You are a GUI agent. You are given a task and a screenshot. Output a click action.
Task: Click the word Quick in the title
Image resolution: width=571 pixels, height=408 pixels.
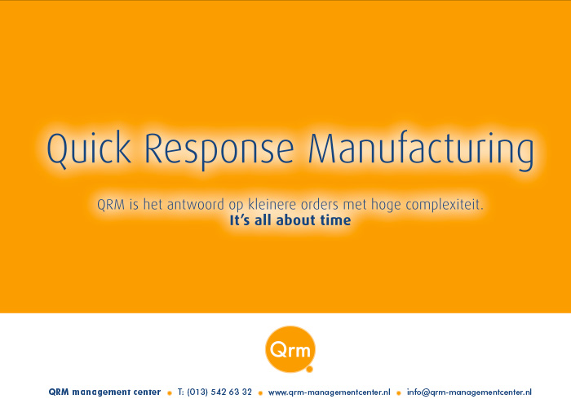[x=88, y=149]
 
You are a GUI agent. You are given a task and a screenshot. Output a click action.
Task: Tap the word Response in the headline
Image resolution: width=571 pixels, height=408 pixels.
[x=219, y=150]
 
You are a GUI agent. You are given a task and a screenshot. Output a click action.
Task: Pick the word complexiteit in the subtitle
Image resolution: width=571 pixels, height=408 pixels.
[x=445, y=205]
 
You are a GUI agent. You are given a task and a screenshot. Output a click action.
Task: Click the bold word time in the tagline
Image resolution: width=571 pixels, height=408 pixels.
[x=335, y=220]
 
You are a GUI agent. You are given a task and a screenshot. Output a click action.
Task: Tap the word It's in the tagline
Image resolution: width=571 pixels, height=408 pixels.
[x=239, y=220]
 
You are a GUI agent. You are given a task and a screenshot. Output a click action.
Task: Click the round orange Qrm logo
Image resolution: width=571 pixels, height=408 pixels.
[x=290, y=349]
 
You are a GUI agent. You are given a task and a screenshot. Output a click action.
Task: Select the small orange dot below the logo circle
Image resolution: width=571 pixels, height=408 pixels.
[x=309, y=370]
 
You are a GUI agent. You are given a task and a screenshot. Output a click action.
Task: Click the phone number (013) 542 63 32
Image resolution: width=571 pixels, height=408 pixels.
[x=219, y=392]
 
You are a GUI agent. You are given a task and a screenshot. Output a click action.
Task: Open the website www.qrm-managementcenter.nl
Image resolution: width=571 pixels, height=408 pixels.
[x=330, y=392]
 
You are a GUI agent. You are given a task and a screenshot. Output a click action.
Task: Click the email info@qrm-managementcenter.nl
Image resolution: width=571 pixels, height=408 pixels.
[x=469, y=392]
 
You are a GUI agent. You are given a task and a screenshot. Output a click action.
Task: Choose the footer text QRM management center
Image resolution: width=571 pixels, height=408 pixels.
[x=104, y=392]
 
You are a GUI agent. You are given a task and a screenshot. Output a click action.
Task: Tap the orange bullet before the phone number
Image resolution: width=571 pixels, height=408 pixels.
[x=170, y=393]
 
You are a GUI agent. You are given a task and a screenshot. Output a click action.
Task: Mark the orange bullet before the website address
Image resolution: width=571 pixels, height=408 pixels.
[x=260, y=393]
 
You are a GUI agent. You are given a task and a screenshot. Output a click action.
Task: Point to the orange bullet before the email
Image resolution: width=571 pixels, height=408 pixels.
[x=399, y=393]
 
